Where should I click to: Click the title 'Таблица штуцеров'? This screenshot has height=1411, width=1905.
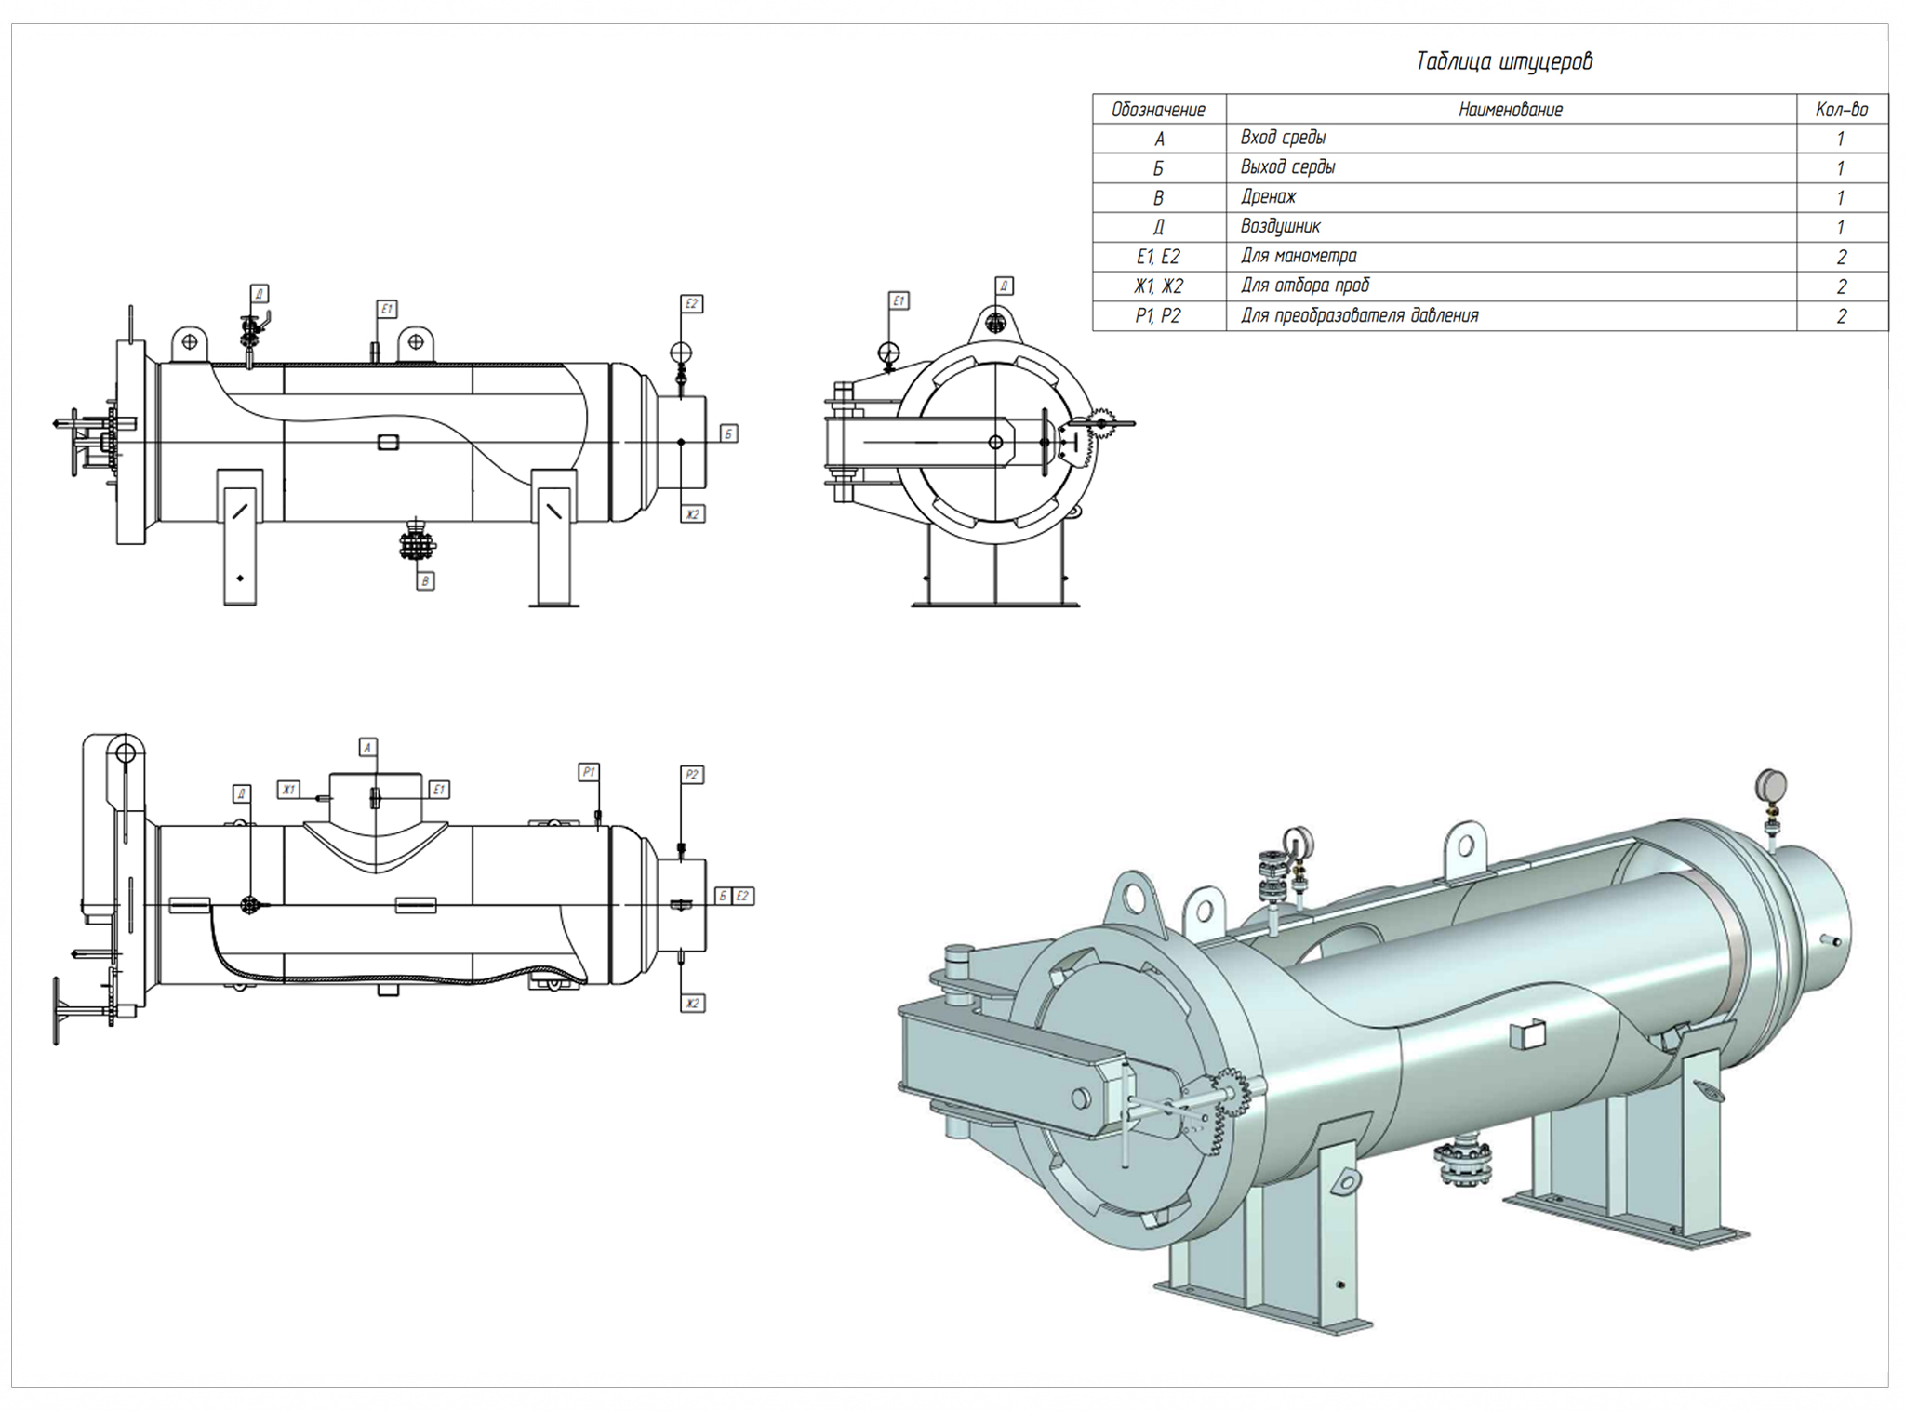[x=1503, y=61]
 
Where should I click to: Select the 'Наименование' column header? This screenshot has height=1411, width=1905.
[x=1510, y=110]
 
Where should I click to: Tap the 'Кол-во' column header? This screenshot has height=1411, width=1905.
[x=1841, y=110]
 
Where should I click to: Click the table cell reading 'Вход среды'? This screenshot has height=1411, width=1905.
[x=1283, y=139]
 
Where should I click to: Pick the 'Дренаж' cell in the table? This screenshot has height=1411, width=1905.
[x=1268, y=197]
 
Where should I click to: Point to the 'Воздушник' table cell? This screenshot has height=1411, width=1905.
[x=1280, y=227]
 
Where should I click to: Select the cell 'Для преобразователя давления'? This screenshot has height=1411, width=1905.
[x=1359, y=316]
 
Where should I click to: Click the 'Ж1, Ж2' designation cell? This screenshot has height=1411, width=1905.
[x=1158, y=286]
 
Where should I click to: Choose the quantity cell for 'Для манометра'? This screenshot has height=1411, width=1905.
[x=1841, y=257]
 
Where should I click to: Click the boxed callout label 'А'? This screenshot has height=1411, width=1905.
[x=368, y=747]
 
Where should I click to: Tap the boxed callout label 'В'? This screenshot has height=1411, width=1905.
[x=425, y=581]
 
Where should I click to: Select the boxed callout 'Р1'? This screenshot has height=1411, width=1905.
[x=589, y=772]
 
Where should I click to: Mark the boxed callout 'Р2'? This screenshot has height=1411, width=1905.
[x=691, y=775]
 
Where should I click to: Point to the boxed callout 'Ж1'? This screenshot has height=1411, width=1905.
[x=288, y=790]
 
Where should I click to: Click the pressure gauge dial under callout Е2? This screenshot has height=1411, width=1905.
[x=681, y=353]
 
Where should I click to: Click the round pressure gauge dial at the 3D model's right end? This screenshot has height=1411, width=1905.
[x=1771, y=784]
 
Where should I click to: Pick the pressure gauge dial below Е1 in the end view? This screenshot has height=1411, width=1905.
[x=889, y=353]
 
